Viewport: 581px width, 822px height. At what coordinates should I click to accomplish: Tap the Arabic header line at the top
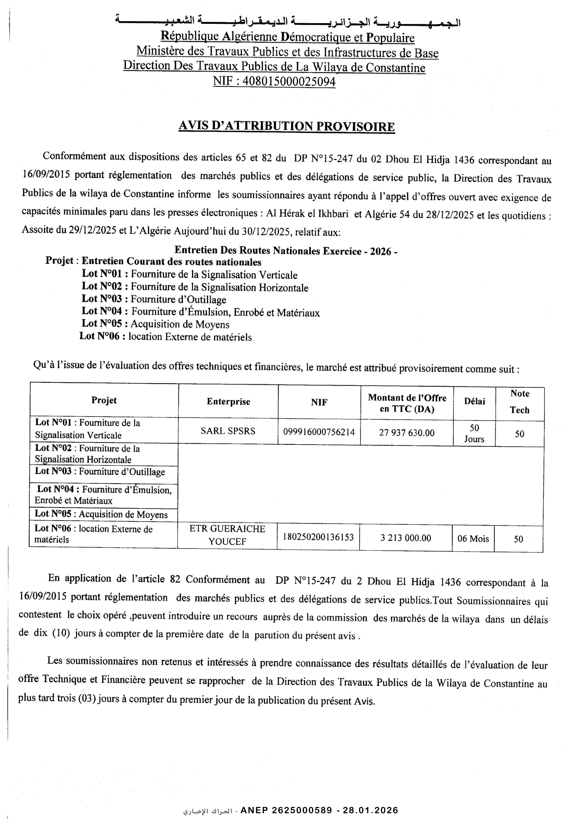click(x=287, y=22)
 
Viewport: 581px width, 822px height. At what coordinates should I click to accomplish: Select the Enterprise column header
click(x=228, y=401)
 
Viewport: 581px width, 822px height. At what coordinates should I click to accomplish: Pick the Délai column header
click(x=474, y=401)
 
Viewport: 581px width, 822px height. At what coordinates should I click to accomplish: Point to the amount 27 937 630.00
click(x=407, y=433)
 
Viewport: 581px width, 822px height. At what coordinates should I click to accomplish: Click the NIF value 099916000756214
click(x=319, y=432)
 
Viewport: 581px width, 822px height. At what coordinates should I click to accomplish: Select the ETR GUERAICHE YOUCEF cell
click(x=227, y=535)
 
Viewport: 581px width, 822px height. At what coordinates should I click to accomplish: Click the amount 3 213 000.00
click(x=406, y=538)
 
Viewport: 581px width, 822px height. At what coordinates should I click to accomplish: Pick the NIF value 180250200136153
click(x=318, y=537)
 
